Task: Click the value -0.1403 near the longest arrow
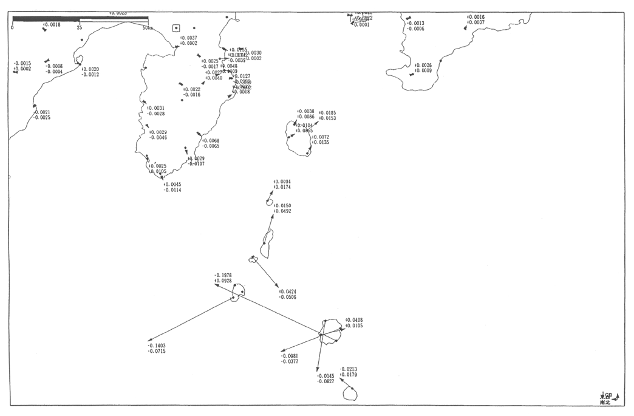(157, 346)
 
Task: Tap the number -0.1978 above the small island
(223, 275)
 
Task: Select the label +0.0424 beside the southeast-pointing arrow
(288, 292)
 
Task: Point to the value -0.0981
(289, 356)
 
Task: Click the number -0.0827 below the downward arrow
(325, 381)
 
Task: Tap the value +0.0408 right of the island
(354, 320)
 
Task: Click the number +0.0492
(282, 211)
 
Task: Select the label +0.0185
(327, 113)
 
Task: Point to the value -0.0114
(172, 190)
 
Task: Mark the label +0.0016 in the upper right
(475, 17)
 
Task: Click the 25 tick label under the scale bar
(80, 27)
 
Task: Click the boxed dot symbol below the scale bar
(176, 28)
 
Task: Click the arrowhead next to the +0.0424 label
(278, 287)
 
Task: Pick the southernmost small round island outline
(350, 394)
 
